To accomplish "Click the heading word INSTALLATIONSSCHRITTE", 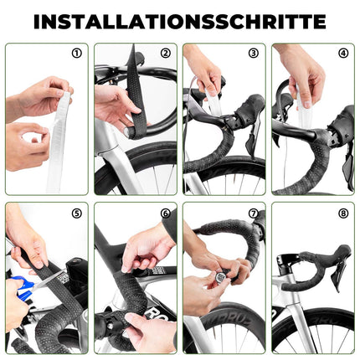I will [180, 21].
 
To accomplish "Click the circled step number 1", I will [76, 54].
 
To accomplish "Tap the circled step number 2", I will [165, 54].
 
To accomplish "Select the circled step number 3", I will [253, 54].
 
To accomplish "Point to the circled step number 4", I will [342, 54].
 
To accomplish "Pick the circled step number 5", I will [76, 213].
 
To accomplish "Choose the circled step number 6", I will [165, 213].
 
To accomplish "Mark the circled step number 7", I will [253, 213].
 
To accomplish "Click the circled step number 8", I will [342, 213].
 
